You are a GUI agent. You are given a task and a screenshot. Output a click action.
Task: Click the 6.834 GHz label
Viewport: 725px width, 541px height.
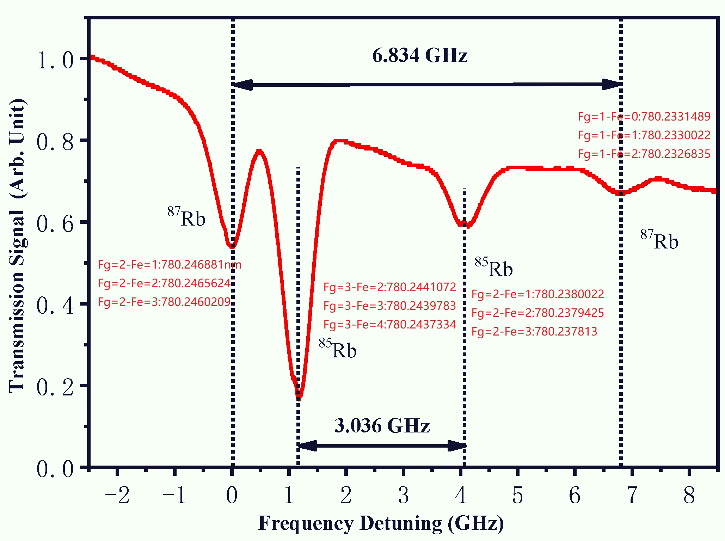point(420,56)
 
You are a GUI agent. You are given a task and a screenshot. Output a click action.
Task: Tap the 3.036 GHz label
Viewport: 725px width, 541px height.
point(382,425)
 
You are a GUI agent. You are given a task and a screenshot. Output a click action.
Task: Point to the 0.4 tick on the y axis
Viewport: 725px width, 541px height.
point(55,305)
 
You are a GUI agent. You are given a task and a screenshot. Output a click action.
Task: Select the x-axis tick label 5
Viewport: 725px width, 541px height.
point(517,495)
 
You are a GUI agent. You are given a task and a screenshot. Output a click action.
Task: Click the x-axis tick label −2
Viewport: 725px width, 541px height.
point(117,495)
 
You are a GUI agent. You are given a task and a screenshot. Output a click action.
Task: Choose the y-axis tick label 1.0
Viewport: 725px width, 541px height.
point(55,60)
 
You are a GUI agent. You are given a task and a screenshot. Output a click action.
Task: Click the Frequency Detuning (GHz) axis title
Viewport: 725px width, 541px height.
point(381,523)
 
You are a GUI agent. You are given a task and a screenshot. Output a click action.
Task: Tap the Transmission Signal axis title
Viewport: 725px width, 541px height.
point(17,246)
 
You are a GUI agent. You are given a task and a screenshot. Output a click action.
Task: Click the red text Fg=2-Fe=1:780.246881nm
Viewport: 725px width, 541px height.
point(170,265)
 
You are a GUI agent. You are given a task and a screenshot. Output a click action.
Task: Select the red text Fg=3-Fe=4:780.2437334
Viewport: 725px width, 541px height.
point(390,324)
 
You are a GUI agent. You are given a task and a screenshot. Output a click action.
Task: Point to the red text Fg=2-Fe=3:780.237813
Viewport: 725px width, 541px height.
point(534,331)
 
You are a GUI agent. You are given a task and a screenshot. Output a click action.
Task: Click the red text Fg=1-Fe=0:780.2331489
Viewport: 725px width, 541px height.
point(644,116)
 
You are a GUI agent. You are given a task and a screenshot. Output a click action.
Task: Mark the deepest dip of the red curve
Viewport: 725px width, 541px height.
point(299,398)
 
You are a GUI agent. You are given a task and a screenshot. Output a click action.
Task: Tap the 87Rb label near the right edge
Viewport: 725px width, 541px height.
point(659,240)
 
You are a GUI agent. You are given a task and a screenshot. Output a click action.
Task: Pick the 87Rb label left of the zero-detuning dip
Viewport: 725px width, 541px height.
point(186,217)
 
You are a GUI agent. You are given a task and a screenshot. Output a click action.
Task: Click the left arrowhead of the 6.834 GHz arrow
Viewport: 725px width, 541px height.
point(242,85)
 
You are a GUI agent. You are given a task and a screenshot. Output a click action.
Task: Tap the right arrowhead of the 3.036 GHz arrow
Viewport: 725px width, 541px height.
point(457,446)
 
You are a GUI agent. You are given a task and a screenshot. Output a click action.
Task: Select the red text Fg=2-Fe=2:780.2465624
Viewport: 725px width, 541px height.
point(164,283)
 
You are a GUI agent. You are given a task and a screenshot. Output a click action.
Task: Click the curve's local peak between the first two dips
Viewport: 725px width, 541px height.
point(259,152)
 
